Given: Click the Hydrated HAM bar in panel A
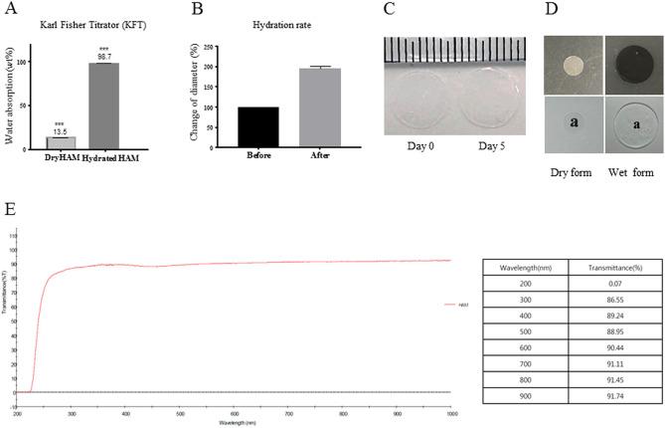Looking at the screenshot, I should (x=104, y=106).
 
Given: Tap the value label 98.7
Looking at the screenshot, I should (x=104, y=57).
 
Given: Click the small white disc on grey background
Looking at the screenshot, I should (x=572, y=65).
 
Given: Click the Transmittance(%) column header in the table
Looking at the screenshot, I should (x=602, y=265).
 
